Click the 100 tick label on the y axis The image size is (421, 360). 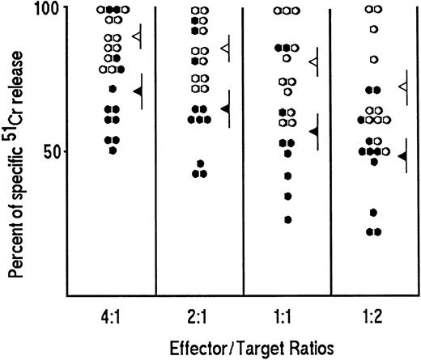(x=47, y=10)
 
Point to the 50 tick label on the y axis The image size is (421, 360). (x=52, y=151)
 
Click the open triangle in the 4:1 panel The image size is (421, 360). (x=137, y=37)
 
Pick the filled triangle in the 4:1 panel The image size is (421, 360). (x=137, y=91)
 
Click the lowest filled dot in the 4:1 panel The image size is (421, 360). (x=113, y=150)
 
